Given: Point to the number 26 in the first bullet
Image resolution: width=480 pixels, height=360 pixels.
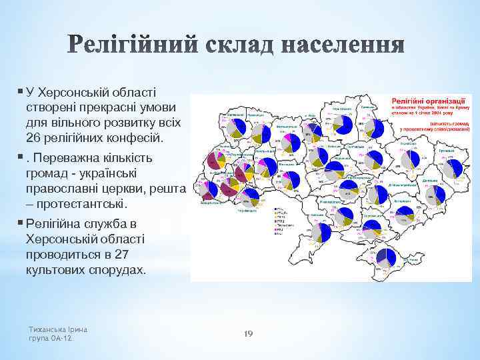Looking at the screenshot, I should tap(35, 139).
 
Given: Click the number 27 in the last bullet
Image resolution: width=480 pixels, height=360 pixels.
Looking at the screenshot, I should tap(134, 255).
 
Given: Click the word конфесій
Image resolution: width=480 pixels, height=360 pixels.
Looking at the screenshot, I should tap(136, 139).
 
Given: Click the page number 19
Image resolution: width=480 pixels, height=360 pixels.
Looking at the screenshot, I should tap(248, 333).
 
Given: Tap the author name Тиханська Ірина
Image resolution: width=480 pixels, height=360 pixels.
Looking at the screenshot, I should tap(59, 329).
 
